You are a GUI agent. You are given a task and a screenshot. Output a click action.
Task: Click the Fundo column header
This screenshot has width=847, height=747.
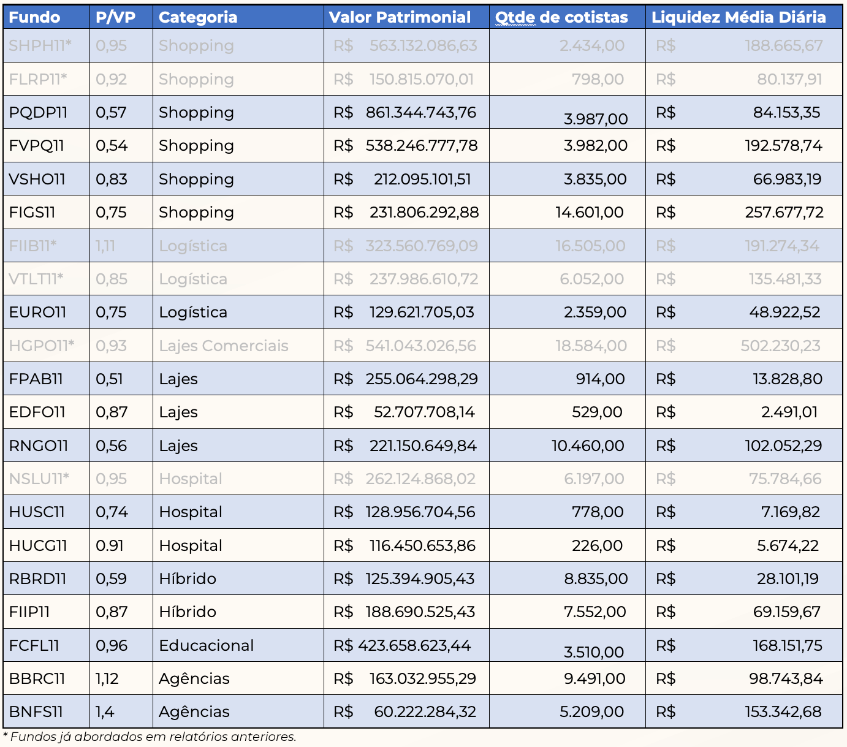[x=34, y=18]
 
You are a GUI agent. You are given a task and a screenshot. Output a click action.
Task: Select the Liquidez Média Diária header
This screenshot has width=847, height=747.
[x=739, y=18]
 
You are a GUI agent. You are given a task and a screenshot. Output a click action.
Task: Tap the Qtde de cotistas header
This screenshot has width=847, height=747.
[x=561, y=18]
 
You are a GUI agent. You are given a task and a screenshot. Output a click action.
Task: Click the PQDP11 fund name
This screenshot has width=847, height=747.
[x=38, y=112]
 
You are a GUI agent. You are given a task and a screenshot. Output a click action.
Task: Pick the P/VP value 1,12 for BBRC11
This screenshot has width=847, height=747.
[x=107, y=678]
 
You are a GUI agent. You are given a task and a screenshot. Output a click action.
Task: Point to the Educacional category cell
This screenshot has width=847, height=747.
[x=206, y=645]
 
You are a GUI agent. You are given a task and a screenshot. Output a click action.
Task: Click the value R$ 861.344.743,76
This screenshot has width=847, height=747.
[x=405, y=112]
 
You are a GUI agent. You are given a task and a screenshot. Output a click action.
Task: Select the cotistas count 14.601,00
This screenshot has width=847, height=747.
[x=589, y=213]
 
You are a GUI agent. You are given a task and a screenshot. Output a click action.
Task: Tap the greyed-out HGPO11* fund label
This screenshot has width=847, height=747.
[x=42, y=346]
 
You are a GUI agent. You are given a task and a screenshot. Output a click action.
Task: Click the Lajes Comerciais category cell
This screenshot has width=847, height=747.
[x=224, y=346]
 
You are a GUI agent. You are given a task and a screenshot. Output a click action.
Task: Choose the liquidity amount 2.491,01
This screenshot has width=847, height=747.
[x=789, y=412]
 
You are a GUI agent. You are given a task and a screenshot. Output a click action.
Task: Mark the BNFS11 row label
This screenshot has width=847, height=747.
[x=36, y=712]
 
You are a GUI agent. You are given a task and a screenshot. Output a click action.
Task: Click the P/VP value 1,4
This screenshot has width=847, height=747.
[x=105, y=712]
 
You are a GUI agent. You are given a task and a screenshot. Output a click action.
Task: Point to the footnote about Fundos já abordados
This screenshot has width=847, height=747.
[x=150, y=737]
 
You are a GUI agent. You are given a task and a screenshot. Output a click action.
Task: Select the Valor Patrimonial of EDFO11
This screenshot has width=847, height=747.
[x=404, y=412]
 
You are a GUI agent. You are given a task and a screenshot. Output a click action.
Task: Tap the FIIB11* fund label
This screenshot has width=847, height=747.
[x=32, y=246]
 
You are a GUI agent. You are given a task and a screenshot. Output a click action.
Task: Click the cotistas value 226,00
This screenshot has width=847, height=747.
[x=597, y=545]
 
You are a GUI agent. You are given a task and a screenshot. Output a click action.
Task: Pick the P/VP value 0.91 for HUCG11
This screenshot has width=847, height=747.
[x=110, y=545]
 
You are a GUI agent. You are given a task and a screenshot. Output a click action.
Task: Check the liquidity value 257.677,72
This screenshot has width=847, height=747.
[x=784, y=213]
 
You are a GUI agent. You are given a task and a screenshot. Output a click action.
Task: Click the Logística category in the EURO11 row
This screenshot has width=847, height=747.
[x=193, y=313]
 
